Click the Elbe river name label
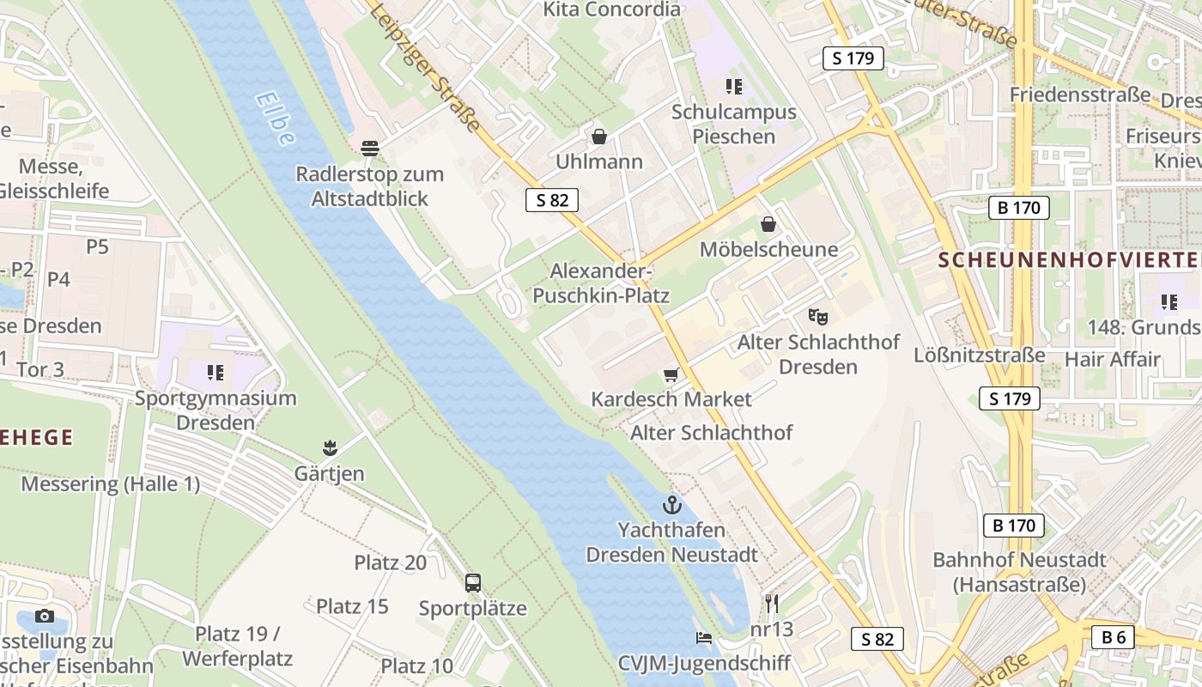point(276,119)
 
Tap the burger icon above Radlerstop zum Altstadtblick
point(370,148)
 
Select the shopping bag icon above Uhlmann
point(598,137)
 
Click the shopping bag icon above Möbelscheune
point(768,224)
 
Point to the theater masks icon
point(817,317)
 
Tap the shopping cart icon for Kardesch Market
point(671,374)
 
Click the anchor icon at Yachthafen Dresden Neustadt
point(671,505)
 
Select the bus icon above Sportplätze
point(472,583)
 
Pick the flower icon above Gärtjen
point(329,448)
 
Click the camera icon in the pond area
point(45,616)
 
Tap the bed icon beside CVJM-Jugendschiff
point(704,638)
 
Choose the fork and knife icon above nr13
point(771,604)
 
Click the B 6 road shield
point(1114,636)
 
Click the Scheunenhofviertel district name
point(1069,259)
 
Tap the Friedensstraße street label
point(1079,94)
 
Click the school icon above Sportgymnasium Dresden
point(215,373)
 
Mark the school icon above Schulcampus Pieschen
point(733,86)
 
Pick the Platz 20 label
point(390,562)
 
